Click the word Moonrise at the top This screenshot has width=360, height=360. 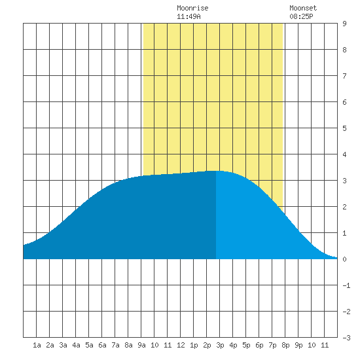[x=192, y=8]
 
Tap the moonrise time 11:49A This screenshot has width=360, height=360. [x=189, y=16]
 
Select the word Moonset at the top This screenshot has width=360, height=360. [x=303, y=8]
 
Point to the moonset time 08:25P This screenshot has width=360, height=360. [x=301, y=16]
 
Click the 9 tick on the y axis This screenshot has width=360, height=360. [x=344, y=24]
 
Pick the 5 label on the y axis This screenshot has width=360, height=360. [x=344, y=128]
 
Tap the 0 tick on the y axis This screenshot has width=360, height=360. [x=344, y=259]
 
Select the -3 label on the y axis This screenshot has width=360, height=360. [x=346, y=338]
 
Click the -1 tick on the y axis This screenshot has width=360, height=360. [x=346, y=285]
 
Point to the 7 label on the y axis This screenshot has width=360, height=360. [x=344, y=76]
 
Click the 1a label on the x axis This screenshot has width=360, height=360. [x=37, y=345]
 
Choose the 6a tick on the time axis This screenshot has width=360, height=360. [x=102, y=345]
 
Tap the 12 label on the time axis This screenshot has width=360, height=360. [x=181, y=345]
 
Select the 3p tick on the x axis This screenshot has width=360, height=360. [x=220, y=345]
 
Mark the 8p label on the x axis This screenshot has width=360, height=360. [x=285, y=345]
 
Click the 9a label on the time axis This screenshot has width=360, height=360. [x=141, y=345]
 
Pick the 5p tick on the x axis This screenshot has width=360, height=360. [x=246, y=345]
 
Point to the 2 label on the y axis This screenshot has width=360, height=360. [x=344, y=207]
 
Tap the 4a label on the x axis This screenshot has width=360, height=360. [x=76, y=345]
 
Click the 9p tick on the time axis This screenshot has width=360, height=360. [x=298, y=345]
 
